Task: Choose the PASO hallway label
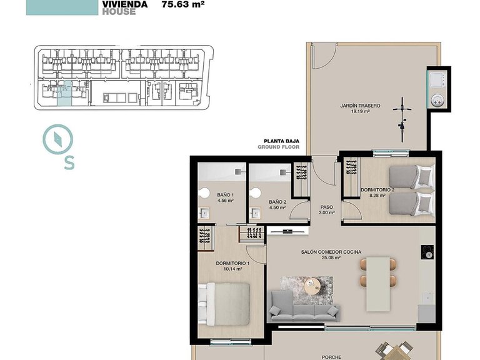coord(326,207)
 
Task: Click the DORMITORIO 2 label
coord(377,189)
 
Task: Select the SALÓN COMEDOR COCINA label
coord(329,251)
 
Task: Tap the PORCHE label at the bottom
coord(331,357)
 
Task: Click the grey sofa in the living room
coord(304,310)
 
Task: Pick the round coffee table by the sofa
coord(312,286)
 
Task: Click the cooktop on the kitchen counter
coord(427,253)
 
